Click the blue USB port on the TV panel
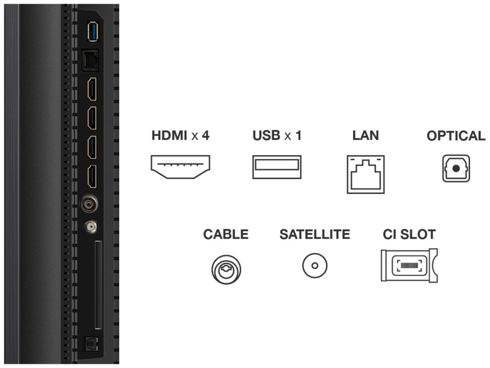click(92, 32)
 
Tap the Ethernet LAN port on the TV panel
click(90, 61)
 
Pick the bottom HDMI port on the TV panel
click(91, 176)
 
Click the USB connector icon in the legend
click(277, 167)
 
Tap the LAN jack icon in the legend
click(365, 174)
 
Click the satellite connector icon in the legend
click(314, 266)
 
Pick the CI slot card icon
click(409, 265)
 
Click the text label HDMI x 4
click(181, 136)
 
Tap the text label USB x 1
click(277, 136)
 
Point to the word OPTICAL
click(456, 136)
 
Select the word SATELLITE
click(314, 235)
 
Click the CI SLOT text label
click(409, 235)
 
